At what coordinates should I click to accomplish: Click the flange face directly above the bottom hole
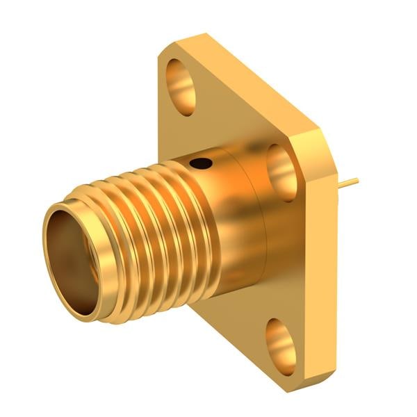click(278, 299)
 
